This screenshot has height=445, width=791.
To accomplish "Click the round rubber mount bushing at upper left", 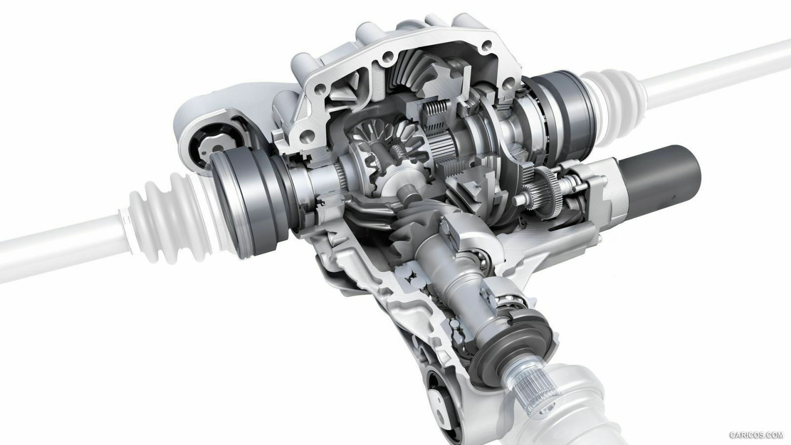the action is coord(216,145).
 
